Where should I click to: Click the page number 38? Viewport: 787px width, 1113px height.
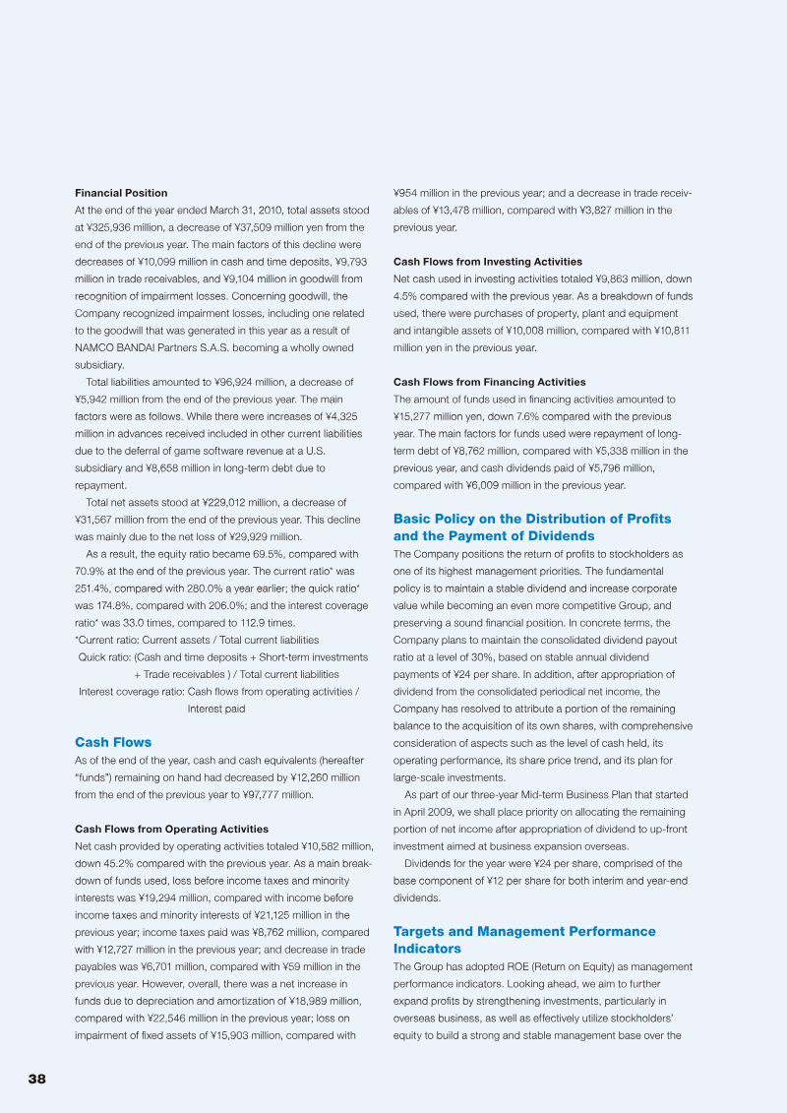(x=37, y=1079)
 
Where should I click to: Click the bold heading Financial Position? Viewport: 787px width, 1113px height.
(x=121, y=193)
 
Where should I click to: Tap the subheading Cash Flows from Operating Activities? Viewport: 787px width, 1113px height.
(x=171, y=830)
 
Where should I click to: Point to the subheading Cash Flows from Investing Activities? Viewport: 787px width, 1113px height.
(x=487, y=262)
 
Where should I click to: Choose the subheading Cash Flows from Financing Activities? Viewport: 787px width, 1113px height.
(x=489, y=382)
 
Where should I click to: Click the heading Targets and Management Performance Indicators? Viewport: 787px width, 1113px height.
(x=523, y=940)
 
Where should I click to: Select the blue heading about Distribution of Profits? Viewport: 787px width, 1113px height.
(x=531, y=526)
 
